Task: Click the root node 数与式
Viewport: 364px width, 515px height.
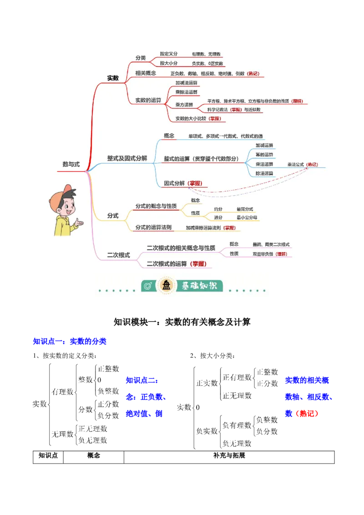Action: pos(71,165)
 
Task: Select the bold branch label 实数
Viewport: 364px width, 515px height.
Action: pos(113,78)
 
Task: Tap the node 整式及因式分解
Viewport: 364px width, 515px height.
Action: pos(127,158)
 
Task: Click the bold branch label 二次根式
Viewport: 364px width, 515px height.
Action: pos(118,255)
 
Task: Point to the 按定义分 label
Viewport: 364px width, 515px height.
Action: pos(169,54)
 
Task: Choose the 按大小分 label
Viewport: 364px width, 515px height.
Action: pos(169,64)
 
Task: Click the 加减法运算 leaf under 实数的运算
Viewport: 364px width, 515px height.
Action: pos(187,83)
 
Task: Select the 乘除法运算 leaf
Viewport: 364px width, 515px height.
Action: pos(187,92)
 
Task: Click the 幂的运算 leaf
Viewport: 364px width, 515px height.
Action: pos(264,155)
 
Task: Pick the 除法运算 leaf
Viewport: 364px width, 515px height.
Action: pos(264,173)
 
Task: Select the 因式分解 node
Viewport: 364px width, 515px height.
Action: pos(174,183)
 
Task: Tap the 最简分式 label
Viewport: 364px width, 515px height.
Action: pos(245,209)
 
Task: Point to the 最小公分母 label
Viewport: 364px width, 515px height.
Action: pos(247,218)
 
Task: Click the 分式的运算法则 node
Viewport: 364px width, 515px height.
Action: pos(153,227)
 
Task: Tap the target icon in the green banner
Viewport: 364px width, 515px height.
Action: pos(147,286)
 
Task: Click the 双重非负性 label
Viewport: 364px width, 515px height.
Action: pos(263,253)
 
